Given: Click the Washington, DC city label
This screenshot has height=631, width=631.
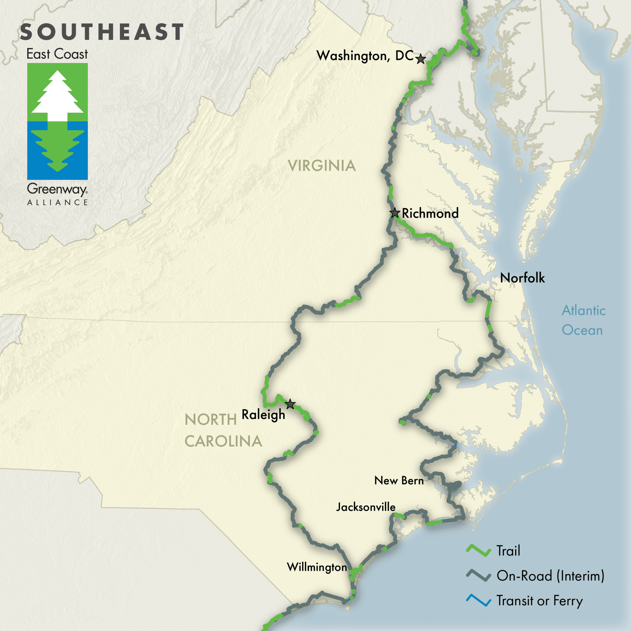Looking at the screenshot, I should coord(365,56).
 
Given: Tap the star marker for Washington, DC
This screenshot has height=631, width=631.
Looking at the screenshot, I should coord(421,59).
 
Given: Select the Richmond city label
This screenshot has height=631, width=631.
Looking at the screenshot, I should coord(430,213).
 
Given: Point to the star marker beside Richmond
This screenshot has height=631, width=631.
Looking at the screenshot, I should coord(395,213).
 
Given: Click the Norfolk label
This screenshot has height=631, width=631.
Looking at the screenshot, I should coord(522,278).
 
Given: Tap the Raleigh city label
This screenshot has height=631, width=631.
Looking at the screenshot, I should coord(263,414).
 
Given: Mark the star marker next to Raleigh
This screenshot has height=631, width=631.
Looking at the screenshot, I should coord(290,404).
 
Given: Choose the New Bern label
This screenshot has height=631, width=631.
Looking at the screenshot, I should coord(399,480).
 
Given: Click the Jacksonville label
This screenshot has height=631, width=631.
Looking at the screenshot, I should coord(366,507).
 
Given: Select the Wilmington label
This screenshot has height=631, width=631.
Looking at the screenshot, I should coord(317,567).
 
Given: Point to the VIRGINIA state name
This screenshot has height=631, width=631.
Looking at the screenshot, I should coord(322,165).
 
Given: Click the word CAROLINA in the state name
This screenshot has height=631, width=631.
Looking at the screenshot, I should coord(223,441).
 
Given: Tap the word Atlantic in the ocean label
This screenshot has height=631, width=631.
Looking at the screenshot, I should coord(584,310).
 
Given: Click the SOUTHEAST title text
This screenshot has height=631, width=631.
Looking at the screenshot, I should coord(102,32).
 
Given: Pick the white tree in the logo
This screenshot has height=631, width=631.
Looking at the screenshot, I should coord(57,95).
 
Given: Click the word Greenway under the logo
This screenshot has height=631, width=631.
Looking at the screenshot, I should coord(57,189).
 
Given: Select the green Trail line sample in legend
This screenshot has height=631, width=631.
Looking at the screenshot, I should coord(478,551).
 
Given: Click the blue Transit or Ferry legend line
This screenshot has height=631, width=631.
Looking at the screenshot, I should coord(478,600).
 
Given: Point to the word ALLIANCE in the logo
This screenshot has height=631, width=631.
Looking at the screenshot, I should coord(57,202).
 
